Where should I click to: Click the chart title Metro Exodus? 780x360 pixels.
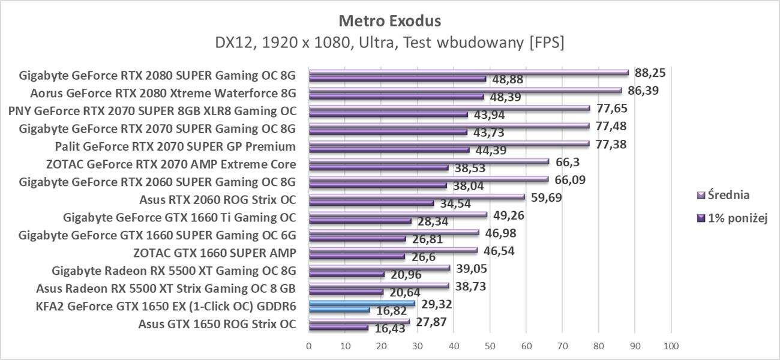tap(390, 21)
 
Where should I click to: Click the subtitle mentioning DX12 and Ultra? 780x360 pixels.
tap(390, 43)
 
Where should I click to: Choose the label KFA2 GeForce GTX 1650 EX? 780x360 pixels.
tap(165, 307)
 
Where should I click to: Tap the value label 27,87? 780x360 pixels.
tap(430, 322)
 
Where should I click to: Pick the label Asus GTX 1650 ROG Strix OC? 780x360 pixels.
tap(217, 324)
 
